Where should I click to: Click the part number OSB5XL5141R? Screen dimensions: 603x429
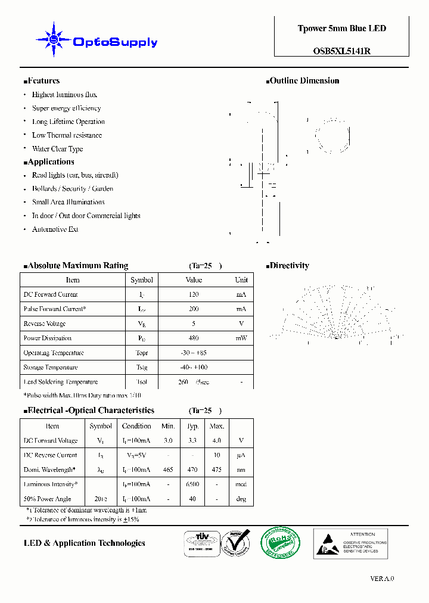tap(341, 51)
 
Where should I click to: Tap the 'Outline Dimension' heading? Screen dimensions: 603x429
tap(304, 80)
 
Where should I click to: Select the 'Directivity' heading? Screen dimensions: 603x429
tap(289, 265)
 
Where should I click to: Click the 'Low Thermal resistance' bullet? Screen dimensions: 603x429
tap(67, 135)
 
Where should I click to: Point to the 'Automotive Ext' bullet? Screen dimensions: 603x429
tap(55, 229)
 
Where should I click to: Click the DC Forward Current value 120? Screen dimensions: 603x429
tap(193, 294)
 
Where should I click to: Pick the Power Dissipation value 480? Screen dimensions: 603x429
tap(193, 338)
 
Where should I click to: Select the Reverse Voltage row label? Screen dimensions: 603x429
tap(45, 324)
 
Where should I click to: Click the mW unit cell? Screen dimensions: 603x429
tap(241, 338)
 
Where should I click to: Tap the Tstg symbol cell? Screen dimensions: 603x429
tap(141, 367)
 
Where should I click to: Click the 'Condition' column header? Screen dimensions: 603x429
tap(136, 426)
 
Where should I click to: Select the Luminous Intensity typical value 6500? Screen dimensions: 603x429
tap(192, 484)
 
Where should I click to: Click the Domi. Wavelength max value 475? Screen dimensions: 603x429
tap(216, 470)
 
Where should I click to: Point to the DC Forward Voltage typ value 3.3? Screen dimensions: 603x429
tap(192, 441)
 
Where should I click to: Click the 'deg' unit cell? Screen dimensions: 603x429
tap(241, 499)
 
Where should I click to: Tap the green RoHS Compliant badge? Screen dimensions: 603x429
tap(281, 543)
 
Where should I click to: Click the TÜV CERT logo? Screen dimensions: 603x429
tap(198, 543)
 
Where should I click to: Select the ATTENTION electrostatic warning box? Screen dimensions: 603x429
tap(350, 543)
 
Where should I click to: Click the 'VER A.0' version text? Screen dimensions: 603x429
tap(382, 578)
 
